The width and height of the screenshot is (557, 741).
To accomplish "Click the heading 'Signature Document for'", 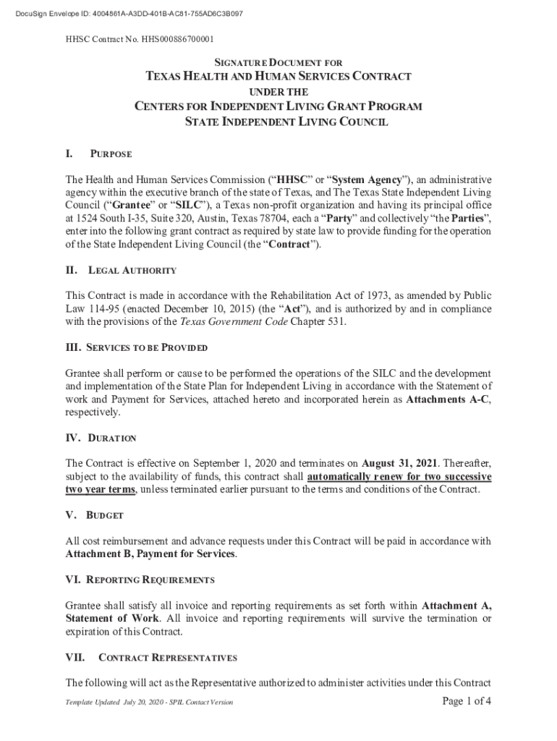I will tap(278, 63).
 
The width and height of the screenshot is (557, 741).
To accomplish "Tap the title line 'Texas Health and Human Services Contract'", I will tap(278, 77).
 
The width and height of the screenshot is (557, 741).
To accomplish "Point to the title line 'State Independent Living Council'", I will tap(278, 122).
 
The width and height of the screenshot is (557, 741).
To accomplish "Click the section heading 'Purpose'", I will tap(111, 154).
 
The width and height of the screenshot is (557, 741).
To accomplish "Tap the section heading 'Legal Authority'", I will tap(132, 271).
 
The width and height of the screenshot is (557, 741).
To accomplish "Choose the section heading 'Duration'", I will tap(111, 439).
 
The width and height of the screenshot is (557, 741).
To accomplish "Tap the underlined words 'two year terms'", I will tap(101, 490).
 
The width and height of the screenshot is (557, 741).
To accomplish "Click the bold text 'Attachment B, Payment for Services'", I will tap(150, 554).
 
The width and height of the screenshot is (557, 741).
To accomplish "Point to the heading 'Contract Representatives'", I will tap(167, 658).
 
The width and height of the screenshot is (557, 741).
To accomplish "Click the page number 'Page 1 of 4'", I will tap(467, 700).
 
